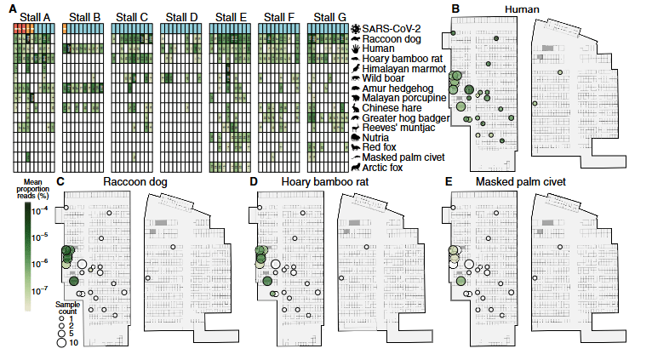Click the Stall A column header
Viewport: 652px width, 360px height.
35,18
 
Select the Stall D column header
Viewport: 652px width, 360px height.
181,18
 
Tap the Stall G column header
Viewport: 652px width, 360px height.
329,18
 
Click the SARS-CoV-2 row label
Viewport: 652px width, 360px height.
392,29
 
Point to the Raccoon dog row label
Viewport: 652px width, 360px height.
392,39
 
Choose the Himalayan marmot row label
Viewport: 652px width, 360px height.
404,69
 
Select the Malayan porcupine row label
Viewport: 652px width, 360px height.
404,98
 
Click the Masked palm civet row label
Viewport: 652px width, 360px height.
403,157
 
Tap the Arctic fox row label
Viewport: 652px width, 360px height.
382,168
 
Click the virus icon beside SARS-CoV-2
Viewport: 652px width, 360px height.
356,29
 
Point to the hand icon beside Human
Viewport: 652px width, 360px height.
356,49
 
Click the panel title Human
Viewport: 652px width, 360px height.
522,9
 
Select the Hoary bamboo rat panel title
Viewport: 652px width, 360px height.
325,182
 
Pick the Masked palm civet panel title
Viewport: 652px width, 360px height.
521,182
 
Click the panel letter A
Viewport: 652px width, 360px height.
13,9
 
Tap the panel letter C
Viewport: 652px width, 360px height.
60,181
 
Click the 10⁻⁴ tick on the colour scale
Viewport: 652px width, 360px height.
39,211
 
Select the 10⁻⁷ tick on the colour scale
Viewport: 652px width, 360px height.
39,291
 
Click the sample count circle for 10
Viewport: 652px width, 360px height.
61,342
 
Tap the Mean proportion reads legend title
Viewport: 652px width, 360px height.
33,189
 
